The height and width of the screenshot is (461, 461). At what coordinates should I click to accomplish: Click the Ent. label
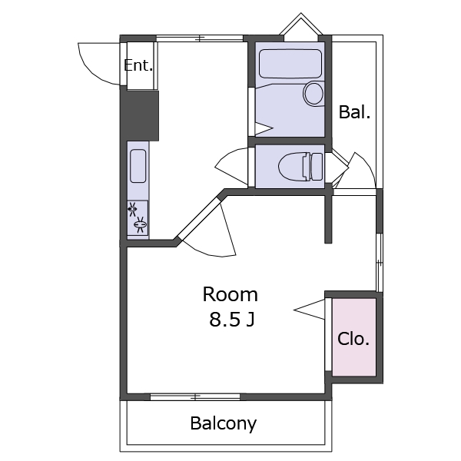pyautogui.click(x=138, y=65)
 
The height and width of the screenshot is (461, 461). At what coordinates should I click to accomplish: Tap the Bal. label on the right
pyautogui.click(x=354, y=112)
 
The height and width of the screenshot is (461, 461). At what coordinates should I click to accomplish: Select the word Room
pyautogui.click(x=230, y=294)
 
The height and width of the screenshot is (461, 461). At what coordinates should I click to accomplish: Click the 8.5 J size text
pyautogui.click(x=232, y=320)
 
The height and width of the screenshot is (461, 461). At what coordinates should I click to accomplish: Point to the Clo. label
pyautogui.click(x=353, y=339)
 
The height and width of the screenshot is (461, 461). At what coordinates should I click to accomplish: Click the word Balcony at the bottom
pyautogui.click(x=224, y=423)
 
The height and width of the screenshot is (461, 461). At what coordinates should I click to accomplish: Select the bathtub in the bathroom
pyautogui.click(x=290, y=64)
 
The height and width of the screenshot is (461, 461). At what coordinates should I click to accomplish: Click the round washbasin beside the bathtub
pyautogui.click(x=313, y=94)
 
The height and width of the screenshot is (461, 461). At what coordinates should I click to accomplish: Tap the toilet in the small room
pyautogui.click(x=300, y=167)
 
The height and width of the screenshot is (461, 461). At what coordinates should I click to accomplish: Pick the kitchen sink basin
pyautogui.click(x=138, y=166)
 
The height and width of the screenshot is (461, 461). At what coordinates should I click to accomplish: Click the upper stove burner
pyautogui.click(x=133, y=209)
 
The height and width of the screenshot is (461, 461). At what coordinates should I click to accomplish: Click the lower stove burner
pyautogui.click(x=141, y=224)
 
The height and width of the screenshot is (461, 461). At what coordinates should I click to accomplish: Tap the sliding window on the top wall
pyautogui.click(x=200, y=38)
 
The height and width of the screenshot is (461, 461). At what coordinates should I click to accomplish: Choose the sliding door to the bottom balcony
pyautogui.click(x=195, y=397)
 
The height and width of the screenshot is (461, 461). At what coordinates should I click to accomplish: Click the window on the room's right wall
pyautogui.click(x=380, y=263)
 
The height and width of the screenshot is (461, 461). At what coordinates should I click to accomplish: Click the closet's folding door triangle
pyautogui.click(x=310, y=309)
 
